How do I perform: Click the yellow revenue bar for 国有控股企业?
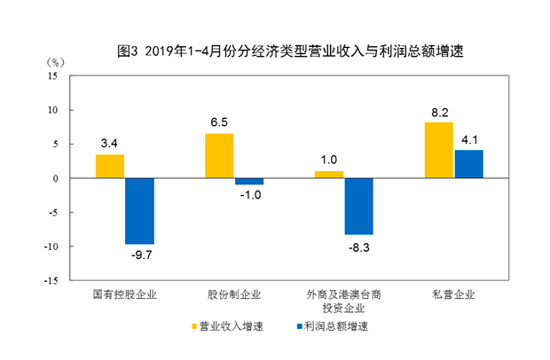(x=110, y=167)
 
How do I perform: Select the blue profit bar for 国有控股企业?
(x=139, y=211)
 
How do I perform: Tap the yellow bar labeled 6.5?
(x=219, y=156)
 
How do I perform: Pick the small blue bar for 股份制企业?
(x=248, y=182)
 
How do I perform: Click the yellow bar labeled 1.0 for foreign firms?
(x=329, y=175)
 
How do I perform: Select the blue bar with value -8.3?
(x=358, y=207)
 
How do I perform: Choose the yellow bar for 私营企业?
(x=438, y=150)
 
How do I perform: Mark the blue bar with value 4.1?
(x=468, y=164)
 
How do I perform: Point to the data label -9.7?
(x=140, y=255)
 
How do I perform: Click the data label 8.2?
(x=438, y=112)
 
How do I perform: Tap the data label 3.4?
(x=110, y=143)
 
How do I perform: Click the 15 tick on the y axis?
(x=52, y=76)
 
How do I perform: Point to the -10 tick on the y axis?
(x=51, y=247)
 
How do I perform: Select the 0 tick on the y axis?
(x=55, y=178)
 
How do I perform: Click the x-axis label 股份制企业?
(x=234, y=293)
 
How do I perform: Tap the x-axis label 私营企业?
(x=453, y=293)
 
